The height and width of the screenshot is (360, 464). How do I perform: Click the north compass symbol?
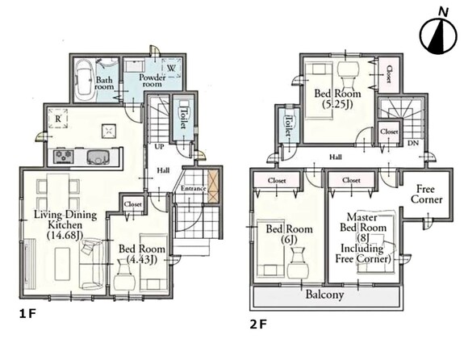pyautogui.click(x=438, y=36)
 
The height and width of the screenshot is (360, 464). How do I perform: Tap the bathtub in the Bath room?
pyautogui.click(x=85, y=81)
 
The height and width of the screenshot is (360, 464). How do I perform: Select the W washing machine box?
pyautogui.click(x=171, y=68)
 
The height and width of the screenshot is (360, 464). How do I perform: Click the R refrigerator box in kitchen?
pyautogui.click(x=58, y=119)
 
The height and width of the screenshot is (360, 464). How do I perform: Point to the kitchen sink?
pyautogui.click(x=98, y=157)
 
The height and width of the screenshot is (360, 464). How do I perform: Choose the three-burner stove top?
pyautogui.click(x=64, y=157)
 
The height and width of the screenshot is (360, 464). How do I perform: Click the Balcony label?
pyautogui.click(x=324, y=295)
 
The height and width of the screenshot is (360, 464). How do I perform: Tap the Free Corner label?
pyautogui.click(x=426, y=195)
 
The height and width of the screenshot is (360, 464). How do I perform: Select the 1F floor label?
pyautogui.click(x=27, y=314)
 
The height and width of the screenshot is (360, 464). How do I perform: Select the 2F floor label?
pyautogui.click(x=258, y=324)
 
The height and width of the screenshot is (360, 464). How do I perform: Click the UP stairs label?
pyautogui.click(x=159, y=147)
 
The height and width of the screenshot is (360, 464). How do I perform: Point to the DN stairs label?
pyautogui.click(x=413, y=143)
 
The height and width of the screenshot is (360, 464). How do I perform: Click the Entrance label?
pyautogui.click(x=193, y=188)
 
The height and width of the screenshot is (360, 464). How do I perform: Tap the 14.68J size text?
pyautogui.click(x=65, y=236)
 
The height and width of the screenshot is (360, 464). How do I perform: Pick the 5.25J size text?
pyautogui.click(x=337, y=104)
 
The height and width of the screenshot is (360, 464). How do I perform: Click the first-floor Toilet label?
pyautogui.click(x=183, y=119)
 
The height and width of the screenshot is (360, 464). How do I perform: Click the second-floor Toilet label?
pyautogui.click(x=287, y=126)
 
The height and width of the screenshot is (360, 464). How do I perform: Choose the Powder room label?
pyautogui.click(x=152, y=80)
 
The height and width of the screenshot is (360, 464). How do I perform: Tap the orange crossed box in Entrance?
pyautogui.click(x=213, y=186)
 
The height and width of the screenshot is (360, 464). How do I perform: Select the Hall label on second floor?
pyautogui.click(x=336, y=157)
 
